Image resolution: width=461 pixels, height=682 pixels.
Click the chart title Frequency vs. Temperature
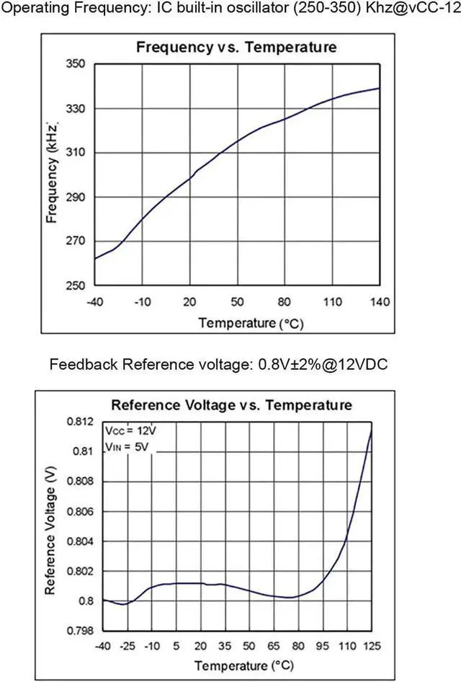[x=236, y=47]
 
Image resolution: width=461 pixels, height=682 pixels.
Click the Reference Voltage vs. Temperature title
[x=232, y=405]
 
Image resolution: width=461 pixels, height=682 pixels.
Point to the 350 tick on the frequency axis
[x=75, y=63]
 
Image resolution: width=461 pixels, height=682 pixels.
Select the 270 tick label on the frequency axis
[x=75, y=241]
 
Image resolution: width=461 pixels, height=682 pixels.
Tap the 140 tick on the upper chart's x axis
[x=380, y=302]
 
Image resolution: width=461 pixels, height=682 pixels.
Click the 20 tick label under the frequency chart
[x=189, y=302]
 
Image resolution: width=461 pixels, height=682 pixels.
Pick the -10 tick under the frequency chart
[x=142, y=302]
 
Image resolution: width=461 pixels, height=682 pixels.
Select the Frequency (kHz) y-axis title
[x=52, y=173]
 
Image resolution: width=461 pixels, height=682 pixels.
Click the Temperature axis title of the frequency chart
[x=251, y=323]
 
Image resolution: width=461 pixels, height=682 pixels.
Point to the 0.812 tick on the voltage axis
[x=80, y=422]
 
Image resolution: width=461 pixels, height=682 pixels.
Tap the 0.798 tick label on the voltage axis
[x=80, y=631]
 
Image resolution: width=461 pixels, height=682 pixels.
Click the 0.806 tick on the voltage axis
[x=80, y=512]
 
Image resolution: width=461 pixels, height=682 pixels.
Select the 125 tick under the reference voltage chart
[x=372, y=646]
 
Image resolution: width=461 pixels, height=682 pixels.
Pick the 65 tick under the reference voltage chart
[x=273, y=646]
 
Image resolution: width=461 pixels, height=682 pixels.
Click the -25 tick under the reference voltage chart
[x=127, y=646]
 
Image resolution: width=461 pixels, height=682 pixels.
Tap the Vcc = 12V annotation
[x=130, y=430]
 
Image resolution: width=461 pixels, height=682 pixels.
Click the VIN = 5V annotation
[x=127, y=447]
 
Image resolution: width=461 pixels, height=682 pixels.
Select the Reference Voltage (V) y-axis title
[x=50, y=531]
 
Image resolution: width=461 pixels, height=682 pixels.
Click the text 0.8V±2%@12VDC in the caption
[x=323, y=364]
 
